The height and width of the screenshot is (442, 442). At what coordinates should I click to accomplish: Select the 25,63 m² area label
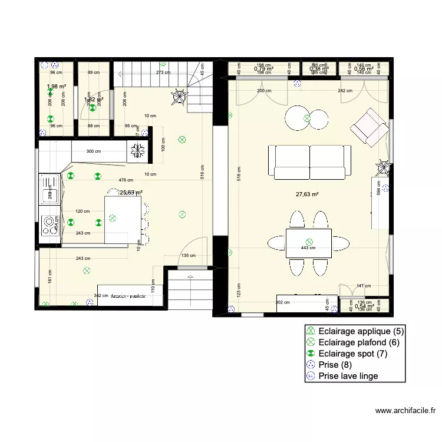(131, 192)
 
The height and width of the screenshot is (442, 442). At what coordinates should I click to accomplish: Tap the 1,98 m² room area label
(56, 87)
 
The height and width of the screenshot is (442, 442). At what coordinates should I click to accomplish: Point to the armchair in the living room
(368, 126)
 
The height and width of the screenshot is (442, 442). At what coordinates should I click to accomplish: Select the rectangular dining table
(308, 242)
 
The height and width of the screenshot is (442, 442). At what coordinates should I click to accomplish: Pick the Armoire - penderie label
(129, 296)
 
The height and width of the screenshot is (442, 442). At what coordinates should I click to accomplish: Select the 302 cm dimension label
(283, 302)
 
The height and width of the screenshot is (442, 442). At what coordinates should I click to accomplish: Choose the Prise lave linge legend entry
(348, 375)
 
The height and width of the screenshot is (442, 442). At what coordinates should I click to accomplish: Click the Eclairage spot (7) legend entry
(352, 353)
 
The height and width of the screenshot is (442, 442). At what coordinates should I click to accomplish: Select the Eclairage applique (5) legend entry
(360, 331)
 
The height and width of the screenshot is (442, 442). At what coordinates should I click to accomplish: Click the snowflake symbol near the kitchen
(137, 150)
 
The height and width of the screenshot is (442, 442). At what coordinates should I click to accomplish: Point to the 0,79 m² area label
(263, 69)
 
